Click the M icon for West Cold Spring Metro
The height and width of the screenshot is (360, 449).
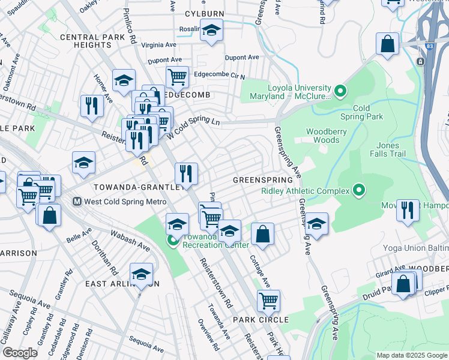pyautogui.click(x=77, y=201)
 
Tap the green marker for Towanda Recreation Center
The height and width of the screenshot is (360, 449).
pyautogui.click(x=173, y=242)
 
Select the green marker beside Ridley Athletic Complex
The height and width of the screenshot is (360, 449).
pyautogui.click(x=359, y=191)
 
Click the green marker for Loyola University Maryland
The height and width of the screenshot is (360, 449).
pyautogui.click(x=340, y=92)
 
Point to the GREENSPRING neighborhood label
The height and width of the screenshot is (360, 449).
pyautogui.click(x=262, y=180)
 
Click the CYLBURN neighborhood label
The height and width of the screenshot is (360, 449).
pyautogui.click(x=204, y=13)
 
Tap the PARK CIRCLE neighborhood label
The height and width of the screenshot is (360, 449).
pyautogui.click(x=261, y=320)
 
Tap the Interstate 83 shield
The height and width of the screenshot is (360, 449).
pyautogui.click(x=421, y=61)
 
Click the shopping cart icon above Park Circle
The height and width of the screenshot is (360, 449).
pyautogui.click(x=268, y=299)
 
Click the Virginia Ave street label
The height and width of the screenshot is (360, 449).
pyautogui.click(x=158, y=44)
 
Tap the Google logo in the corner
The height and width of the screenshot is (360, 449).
pyautogui.click(x=20, y=353)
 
